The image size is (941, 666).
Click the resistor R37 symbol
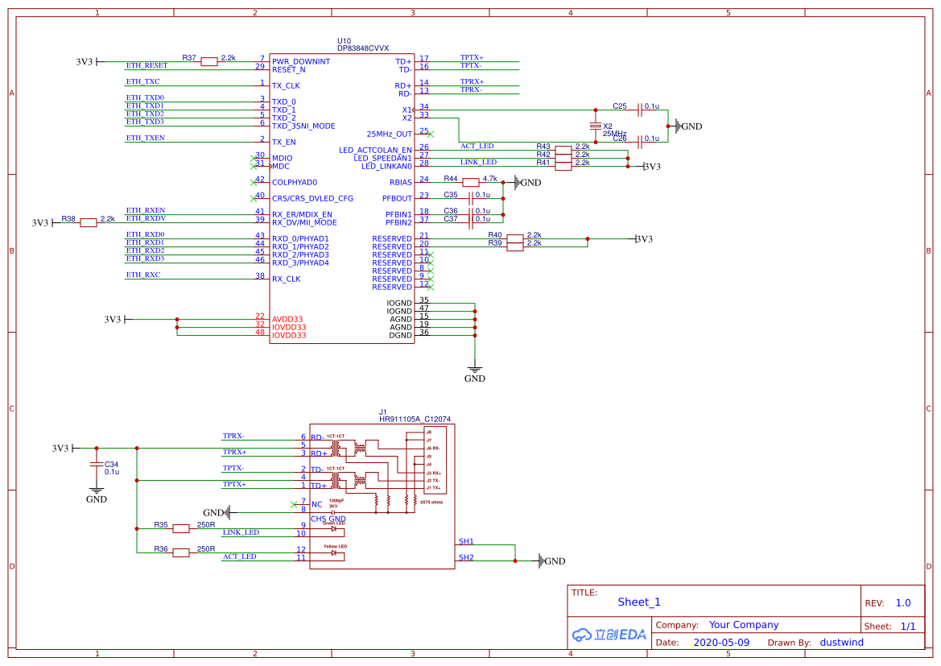pos(209,61)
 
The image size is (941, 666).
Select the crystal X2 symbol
pos(596,126)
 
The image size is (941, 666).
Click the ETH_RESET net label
pos(147,65)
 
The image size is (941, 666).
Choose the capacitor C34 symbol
pos(96,465)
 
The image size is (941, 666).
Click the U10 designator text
pos(344,40)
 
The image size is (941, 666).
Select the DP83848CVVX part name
pos(362,48)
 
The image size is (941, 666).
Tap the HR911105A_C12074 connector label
pos(415,419)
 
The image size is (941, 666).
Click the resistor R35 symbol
pos(181,528)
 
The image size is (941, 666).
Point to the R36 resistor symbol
pos(181,552)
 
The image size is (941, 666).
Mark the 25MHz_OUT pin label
pos(389,134)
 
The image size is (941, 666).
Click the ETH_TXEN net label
pos(145,138)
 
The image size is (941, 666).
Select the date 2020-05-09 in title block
pos(720,643)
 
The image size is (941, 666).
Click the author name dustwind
pos(841,643)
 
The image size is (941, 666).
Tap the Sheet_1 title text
pos(638,602)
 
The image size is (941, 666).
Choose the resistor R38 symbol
pos(89,222)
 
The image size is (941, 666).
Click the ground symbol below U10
pos(475,370)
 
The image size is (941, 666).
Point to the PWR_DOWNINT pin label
pos(300,61)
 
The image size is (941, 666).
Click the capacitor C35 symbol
pos(470,198)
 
